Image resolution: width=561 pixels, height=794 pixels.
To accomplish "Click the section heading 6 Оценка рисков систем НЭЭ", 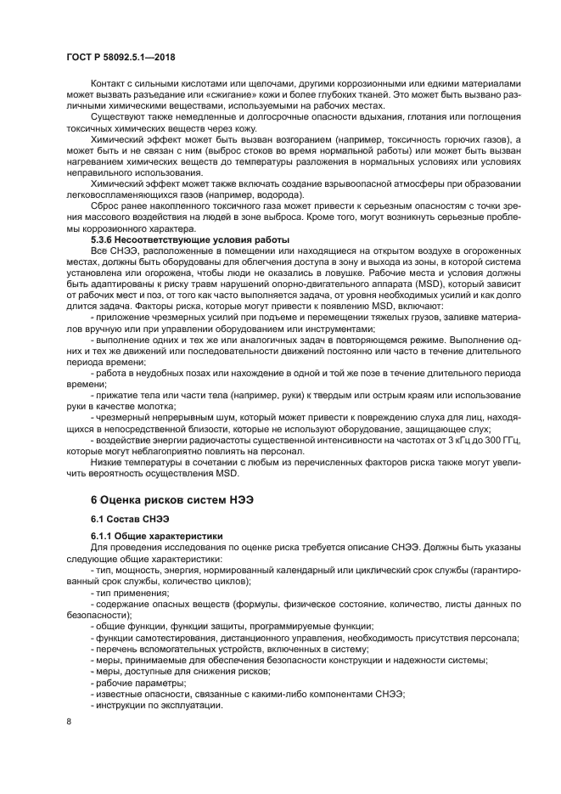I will [x=174, y=500].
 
